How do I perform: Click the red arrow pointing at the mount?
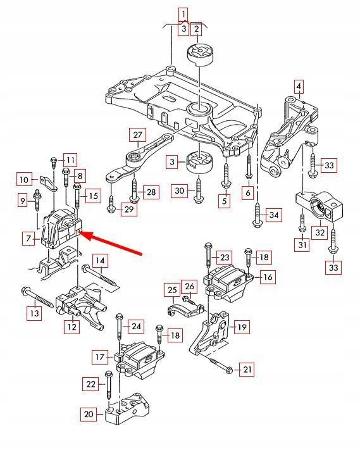click(x=111, y=244)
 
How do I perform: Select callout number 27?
click(x=138, y=135)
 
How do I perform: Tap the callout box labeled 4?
click(x=299, y=86)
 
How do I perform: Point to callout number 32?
click(x=320, y=232)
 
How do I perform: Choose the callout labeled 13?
click(x=35, y=312)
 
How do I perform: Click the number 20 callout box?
click(x=88, y=415)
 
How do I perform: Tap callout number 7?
click(x=28, y=239)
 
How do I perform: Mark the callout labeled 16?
click(x=267, y=277)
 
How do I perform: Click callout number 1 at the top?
click(x=183, y=14)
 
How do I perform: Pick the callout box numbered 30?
click(x=180, y=191)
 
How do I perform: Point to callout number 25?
click(x=172, y=289)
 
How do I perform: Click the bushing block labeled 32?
click(x=320, y=206)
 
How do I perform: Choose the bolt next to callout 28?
click(x=133, y=190)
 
